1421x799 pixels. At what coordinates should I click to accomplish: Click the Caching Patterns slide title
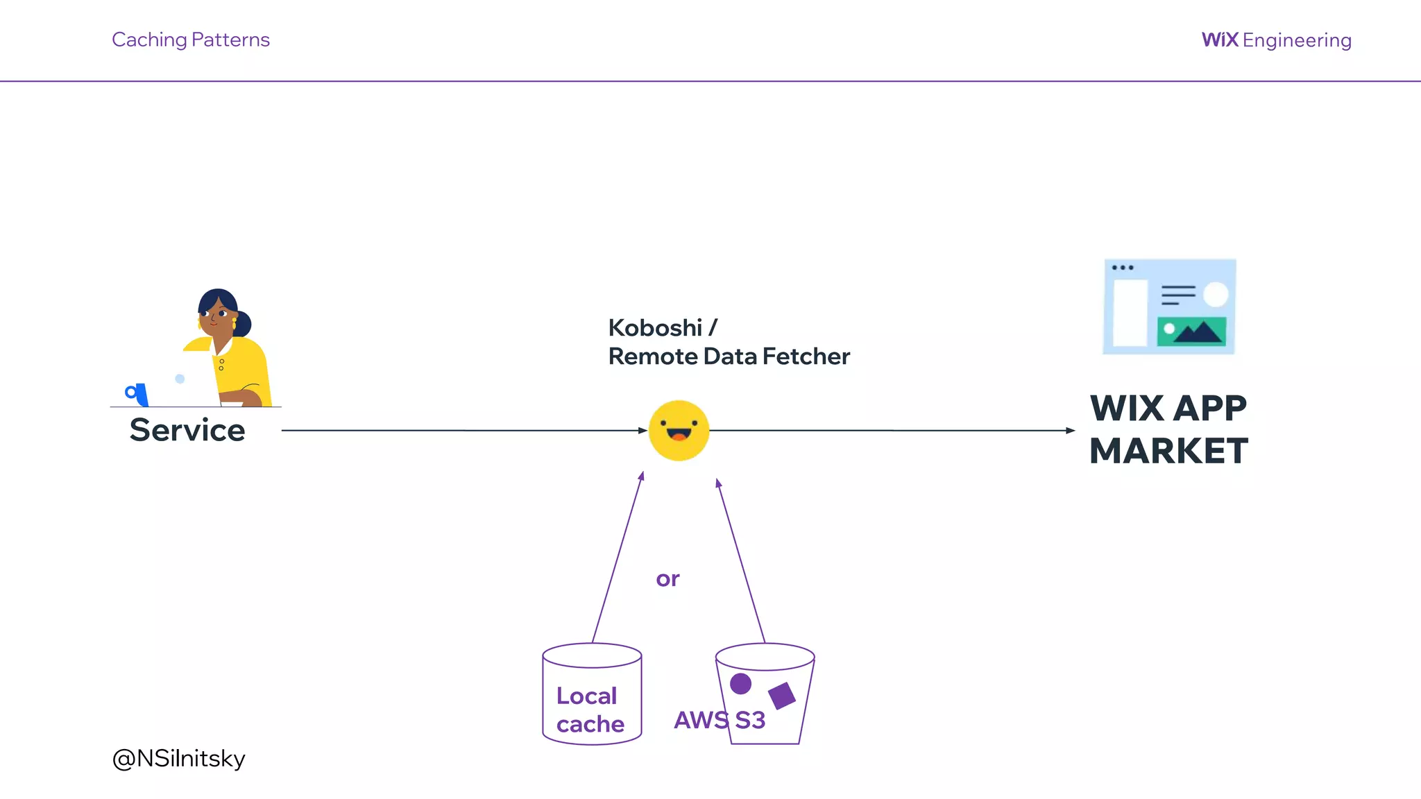190,40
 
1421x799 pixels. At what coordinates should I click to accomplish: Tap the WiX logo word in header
1219,40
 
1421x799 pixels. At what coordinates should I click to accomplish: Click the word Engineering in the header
1297,41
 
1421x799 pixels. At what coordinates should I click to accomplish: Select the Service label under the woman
187,430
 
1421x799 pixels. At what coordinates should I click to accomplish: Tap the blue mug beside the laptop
137,393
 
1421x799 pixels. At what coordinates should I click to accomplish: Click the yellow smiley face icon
679,431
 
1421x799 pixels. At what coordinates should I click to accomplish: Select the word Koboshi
655,327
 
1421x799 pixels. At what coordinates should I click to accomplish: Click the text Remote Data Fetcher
729,356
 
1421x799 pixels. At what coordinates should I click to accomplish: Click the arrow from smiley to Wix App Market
892,431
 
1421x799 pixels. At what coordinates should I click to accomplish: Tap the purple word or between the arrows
667,578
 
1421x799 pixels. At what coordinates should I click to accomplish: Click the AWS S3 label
719,721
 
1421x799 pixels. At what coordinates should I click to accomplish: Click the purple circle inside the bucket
740,684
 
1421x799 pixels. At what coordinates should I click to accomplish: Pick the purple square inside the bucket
782,696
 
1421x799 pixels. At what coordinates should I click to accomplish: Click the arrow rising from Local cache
617,558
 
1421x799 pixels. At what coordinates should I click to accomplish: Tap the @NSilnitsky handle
178,758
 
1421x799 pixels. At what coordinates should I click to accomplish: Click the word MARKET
1168,451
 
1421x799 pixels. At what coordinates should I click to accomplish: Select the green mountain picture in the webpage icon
1191,332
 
